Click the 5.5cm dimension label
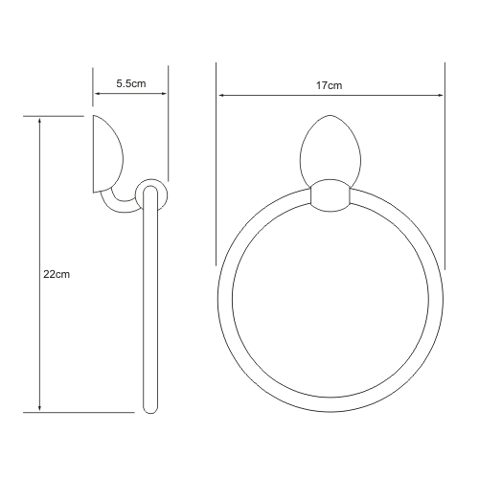131,83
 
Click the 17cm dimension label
329,85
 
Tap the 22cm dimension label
57,274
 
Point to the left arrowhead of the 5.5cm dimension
98,94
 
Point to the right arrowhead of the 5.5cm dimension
164,94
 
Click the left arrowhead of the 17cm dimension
221,95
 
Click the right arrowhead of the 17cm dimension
440,95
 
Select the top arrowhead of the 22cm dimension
39,121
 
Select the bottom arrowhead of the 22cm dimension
39,408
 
